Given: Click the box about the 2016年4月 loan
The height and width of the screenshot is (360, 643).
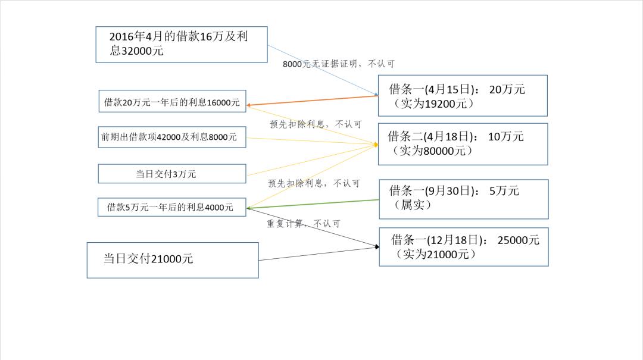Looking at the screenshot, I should point(181,44).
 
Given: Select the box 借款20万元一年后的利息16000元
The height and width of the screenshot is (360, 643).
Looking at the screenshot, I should point(171,102).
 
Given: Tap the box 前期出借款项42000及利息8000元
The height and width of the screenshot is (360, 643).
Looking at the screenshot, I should point(171,137).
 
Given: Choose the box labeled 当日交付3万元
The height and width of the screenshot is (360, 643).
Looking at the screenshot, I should point(171,174).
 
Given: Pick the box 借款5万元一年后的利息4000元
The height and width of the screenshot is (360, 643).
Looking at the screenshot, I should point(171,207).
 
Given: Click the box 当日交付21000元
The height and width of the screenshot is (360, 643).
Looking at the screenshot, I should point(173,259).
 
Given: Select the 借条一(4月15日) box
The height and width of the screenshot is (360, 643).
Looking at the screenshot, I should point(463,95).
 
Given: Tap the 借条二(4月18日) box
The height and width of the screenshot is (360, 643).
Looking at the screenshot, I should point(463,144).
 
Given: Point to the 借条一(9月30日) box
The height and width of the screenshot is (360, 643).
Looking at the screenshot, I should point(463,199).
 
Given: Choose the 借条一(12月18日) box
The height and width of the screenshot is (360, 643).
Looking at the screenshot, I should point(463,246).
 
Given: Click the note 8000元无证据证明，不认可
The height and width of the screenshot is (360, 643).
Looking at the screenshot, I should point(338,64).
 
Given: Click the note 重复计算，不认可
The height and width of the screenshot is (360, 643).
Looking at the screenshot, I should point(304,224).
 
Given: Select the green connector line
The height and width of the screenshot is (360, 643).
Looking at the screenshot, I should point(313,204).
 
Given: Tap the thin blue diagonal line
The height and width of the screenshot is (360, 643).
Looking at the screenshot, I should point(321,69).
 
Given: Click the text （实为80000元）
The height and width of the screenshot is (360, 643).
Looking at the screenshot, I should point(432,151).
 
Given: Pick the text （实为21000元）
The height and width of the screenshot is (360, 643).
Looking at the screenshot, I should point(436,255).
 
